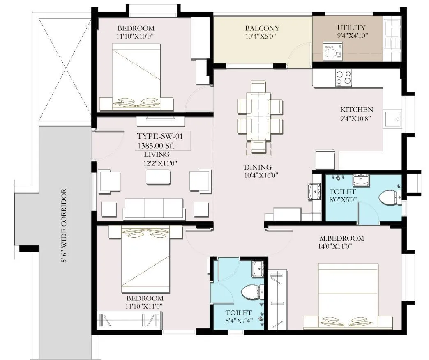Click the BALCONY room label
pos(262,28)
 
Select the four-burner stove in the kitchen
pos(344,77)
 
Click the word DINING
pos(258,167)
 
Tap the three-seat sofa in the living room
pos(154,209)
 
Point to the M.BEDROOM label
pos(341,238)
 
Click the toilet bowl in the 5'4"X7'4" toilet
pos(249,292)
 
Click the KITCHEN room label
pos(356,110)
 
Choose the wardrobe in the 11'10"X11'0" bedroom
pos(129,319)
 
